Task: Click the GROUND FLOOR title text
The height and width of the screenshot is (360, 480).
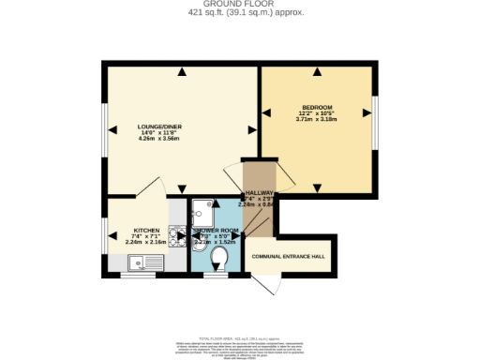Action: (x=239, y=4)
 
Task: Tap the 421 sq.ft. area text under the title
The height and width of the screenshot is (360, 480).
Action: (x=239, y=12)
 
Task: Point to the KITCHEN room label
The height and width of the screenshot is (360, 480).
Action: (x=145, y=230)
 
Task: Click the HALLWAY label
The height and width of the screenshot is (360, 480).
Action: (x=259, y=192)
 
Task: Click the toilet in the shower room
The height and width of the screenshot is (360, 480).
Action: (x=221, y=256)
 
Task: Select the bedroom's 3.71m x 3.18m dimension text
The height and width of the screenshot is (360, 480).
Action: (x=317, y=120)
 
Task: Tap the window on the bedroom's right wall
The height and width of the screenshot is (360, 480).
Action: (x=374, y=113)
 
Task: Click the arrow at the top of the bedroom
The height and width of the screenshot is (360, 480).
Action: (x=317, y=72)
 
